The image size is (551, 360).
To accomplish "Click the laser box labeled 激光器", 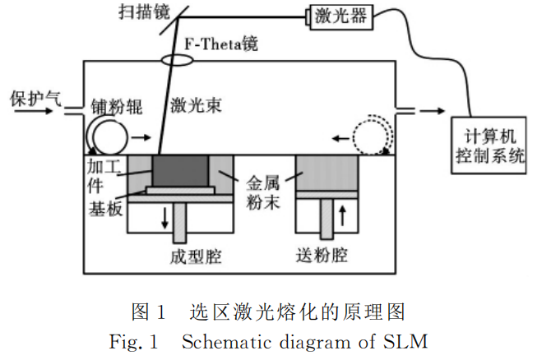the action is (340, 16).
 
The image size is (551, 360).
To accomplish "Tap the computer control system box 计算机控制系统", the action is (488, 145).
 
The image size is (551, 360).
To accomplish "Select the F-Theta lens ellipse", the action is (177, 60).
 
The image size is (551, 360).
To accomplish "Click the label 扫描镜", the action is (144, 12).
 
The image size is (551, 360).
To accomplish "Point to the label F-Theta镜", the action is (221, 44).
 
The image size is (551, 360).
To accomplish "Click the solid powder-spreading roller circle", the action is (110, 137).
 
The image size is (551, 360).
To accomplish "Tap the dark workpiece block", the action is (181, 171).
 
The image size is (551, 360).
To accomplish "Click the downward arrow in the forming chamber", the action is (164, 219).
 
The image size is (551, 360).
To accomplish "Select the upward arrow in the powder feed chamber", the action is (343, 215).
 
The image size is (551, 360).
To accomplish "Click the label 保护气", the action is (35, 99).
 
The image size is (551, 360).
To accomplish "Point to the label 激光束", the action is (196, 105).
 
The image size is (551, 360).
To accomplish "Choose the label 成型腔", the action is (196, 256).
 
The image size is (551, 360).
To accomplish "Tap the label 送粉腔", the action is (322, 256).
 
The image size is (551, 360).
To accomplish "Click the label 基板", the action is (105, 209).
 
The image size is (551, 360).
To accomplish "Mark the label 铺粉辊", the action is (117, 106).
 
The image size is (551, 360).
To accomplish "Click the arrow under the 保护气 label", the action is (34, 111).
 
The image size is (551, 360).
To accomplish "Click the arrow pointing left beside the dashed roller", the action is (340, 138).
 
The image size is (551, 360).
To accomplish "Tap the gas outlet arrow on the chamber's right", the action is (433, 111).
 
